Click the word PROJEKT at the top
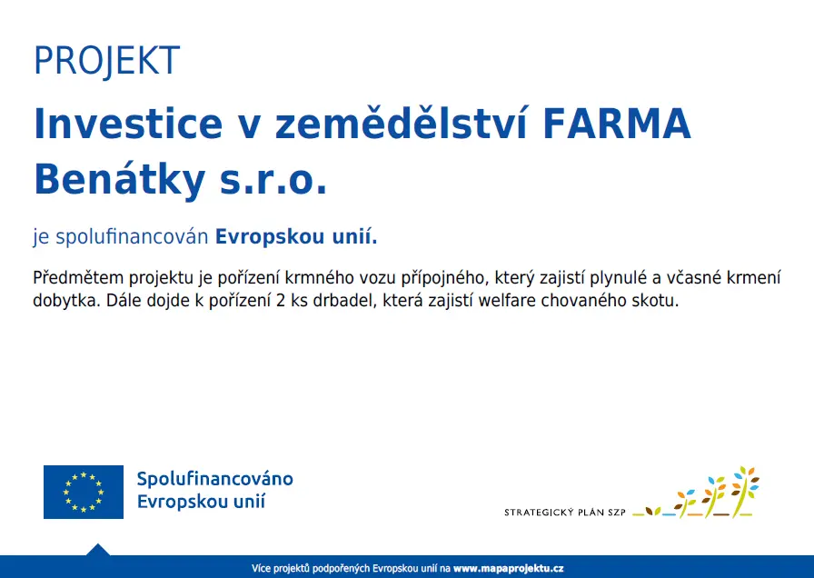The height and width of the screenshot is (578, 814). [x=106, y=61]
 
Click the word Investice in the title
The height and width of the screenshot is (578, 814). [x=128, y=124]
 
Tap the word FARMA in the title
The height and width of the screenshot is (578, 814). [x=617, y=124]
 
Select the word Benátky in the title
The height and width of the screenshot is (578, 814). [x=120, y=180]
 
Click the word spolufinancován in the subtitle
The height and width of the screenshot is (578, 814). [x=132, y=237]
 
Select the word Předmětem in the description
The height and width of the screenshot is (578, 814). [x=78, y=277]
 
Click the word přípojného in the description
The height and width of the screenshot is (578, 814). [x=444, y=278]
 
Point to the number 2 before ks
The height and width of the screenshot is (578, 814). [x=281, y=301]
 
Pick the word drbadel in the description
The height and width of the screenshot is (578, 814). [x=344, y=301]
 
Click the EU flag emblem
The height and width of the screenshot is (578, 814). [x=84, y=492]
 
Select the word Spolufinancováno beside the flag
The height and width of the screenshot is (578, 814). [x=215, y=479]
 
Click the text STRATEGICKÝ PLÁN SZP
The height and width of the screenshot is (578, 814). [x=565, y=513]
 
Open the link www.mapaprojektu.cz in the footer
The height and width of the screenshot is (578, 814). [x=508, y=569]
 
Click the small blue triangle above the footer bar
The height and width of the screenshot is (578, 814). [x=97, y=551]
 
